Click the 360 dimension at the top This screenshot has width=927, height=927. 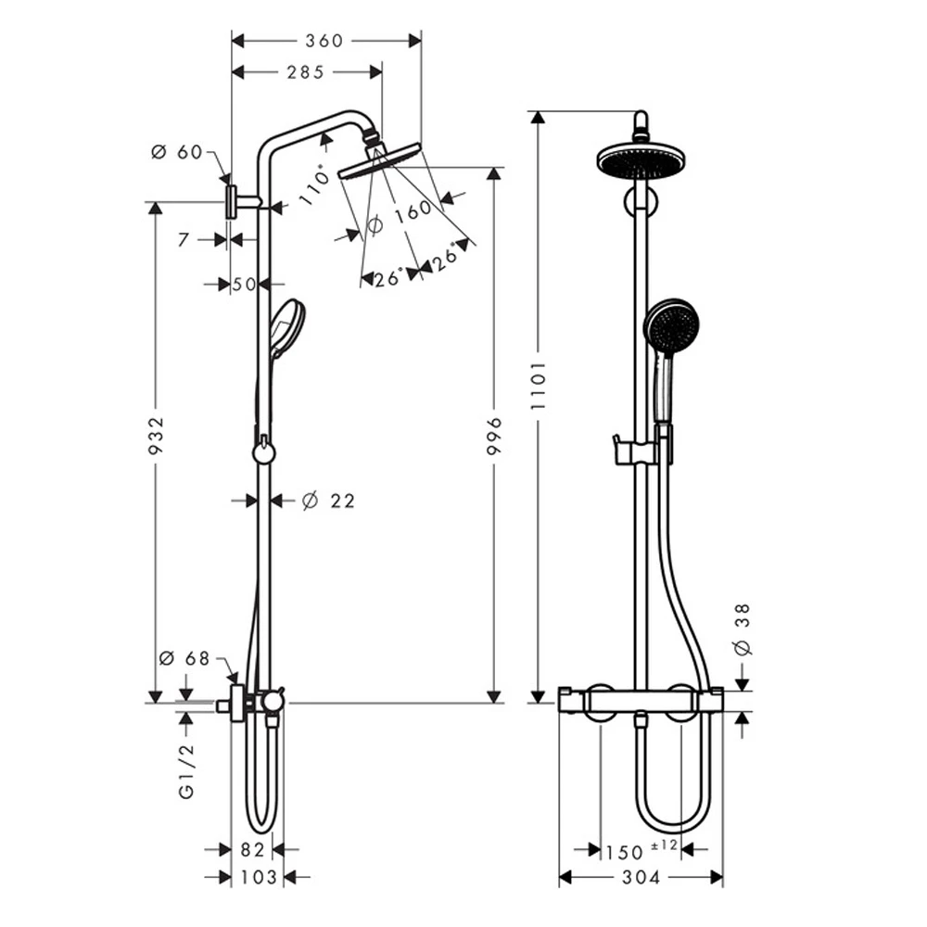[324, 41]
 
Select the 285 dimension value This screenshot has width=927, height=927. [305, 72]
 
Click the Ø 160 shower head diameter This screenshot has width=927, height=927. [400, 216]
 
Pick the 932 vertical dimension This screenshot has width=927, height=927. [155, 436]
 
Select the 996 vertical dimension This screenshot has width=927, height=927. [493, 436]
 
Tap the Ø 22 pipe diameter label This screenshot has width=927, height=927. [328, 501]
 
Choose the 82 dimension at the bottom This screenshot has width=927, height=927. [253, 849]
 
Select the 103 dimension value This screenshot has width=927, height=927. [257, 877]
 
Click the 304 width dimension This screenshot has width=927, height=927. [641, 877]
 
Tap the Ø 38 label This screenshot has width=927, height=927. [743, 629]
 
